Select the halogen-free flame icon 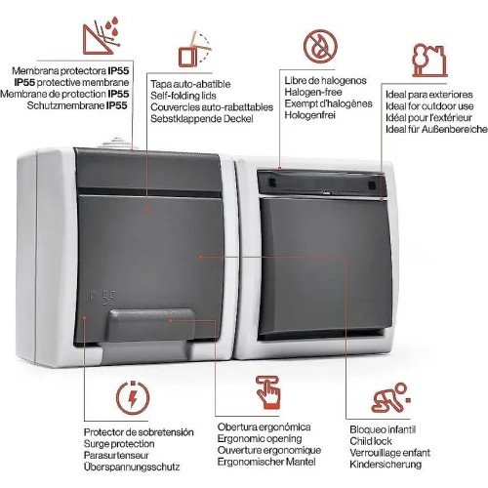(x=317, y=45)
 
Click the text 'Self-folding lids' (x=184, y=96)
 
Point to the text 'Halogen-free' (x=312, y=90)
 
